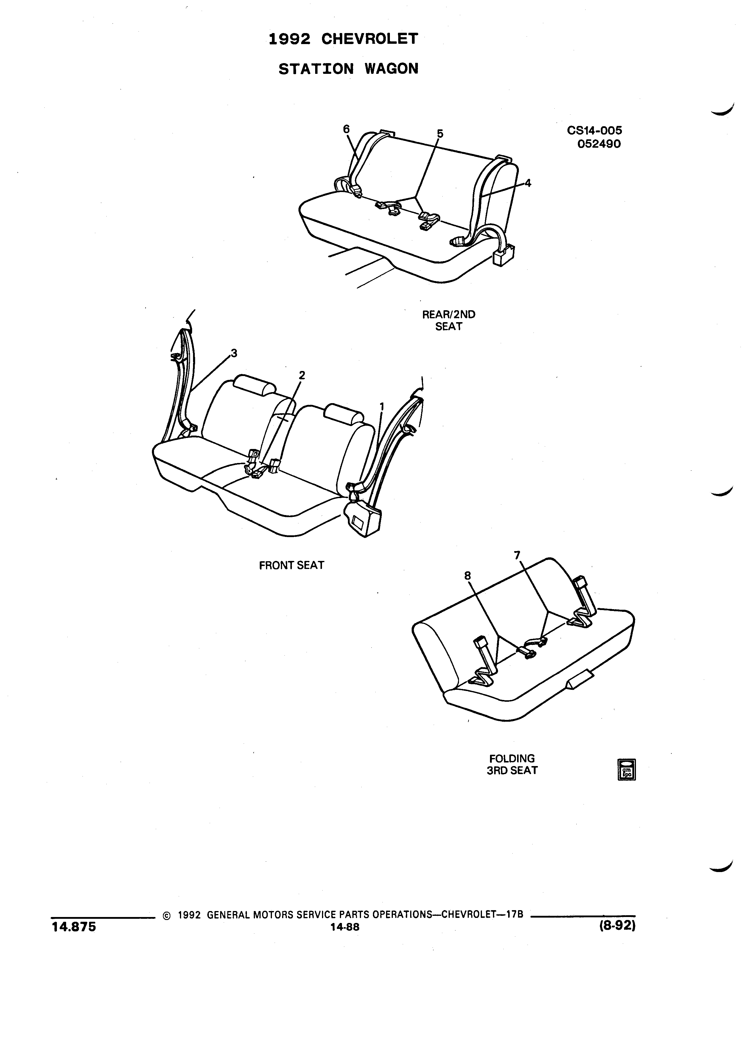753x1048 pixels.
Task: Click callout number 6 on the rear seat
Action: pos(346,129)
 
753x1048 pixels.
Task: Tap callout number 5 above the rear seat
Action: pos(440,134)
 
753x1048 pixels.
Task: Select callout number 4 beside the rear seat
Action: pos(528,183)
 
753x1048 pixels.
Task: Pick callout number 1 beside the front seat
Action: pos(382,406)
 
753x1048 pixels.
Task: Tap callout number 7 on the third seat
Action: pos(517,554)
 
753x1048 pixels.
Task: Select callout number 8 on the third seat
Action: pos(468,575)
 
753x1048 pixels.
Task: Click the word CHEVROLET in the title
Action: pos(369,39)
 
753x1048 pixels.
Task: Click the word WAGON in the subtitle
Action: pos(391,69)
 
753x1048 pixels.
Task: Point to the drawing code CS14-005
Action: pos(595,130)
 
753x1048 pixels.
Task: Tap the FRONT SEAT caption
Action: pos(292,565)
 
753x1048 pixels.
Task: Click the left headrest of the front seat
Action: pos(254,384)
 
